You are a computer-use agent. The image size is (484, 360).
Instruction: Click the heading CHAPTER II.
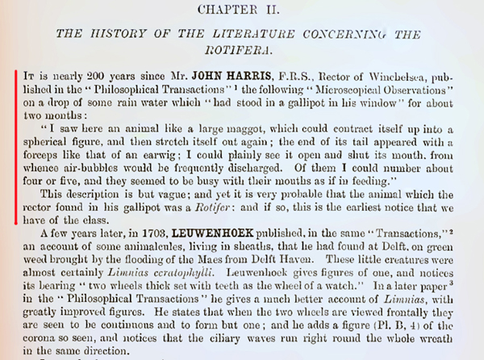tap(241, 10)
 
